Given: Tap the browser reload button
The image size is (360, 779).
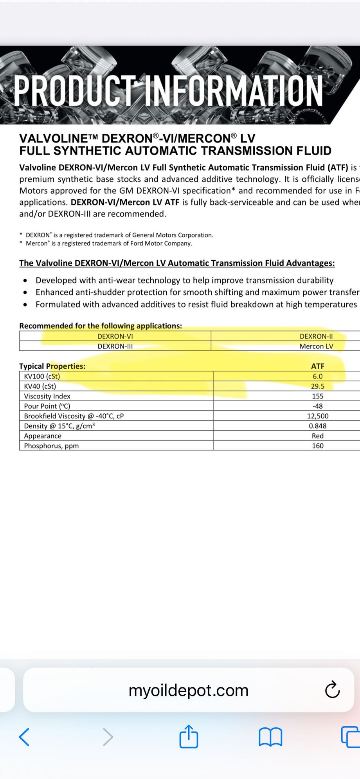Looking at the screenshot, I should [332, 690].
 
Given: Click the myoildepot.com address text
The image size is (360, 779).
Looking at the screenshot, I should [189, 691].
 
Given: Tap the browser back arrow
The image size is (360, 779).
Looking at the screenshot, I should [24, 737].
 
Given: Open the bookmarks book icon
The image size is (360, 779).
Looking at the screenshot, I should [270, 737].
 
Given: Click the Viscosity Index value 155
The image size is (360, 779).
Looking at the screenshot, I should [318, 396].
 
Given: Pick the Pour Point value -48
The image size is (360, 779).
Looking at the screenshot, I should [318, 406].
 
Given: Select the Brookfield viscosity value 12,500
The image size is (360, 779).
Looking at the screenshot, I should [318, 416].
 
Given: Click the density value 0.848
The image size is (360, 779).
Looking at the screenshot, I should [318, 426].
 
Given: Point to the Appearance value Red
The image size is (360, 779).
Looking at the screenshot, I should [318, 436].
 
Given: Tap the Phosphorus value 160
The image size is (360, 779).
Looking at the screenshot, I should [318, 446].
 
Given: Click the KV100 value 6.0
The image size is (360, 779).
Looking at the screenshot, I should [318, 376].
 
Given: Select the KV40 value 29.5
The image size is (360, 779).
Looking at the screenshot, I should [318, 386].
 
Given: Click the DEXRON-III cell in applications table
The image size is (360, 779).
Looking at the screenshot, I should [115, 346].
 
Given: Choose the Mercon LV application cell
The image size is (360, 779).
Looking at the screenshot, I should [316, 346].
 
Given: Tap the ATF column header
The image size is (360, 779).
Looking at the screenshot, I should [318, 366].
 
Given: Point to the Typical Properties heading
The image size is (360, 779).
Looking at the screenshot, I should [52, 366].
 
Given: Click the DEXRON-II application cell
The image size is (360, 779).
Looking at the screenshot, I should [316, 336].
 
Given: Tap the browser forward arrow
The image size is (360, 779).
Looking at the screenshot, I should [108, 737].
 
